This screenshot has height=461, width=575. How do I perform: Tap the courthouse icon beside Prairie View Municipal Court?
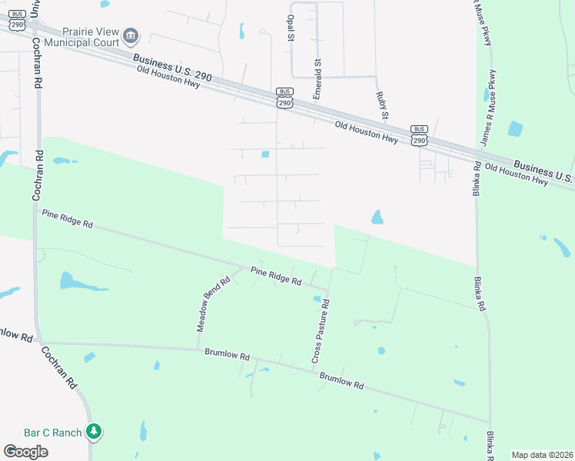pyautogui.click(x=131, y=35)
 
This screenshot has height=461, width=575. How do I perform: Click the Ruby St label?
pyautogui.click(x=381, y=105)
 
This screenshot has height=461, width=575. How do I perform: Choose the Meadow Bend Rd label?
pyautogui.click(x=213, y=304)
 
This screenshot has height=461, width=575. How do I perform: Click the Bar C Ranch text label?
pyautogui.click(x=52, y=433)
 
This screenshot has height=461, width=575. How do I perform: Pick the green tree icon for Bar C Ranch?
pyautogui.click(x=94, y=432)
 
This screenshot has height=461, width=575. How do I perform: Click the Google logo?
pyautogui.click(x=25, y=452)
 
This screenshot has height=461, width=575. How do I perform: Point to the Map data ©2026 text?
pyautogui.click(x=542, y=455)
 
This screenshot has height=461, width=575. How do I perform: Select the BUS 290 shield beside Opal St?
pyautogui.click(x=284, y=98)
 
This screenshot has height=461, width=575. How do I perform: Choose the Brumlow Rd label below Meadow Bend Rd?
pyautogui.click(x=228, y=356)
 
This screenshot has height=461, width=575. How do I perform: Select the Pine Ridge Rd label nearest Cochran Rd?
pyautogui.click(x=68, y=219)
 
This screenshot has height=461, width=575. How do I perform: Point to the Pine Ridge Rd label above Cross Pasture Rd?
pyautogui.click(x=276, y=276)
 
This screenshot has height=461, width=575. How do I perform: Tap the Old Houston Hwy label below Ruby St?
pyautogui.click(x=366, y=132)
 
